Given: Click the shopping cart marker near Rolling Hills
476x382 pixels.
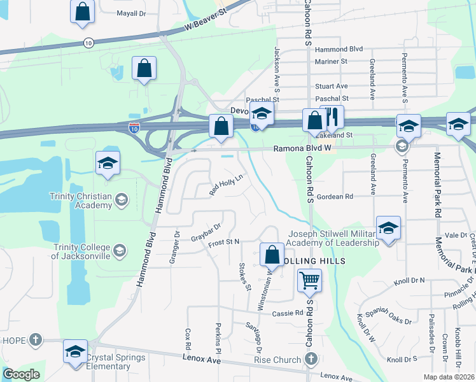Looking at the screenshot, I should click(x=309, y=279).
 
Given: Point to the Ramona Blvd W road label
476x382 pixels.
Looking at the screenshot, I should click(x=304, y=148).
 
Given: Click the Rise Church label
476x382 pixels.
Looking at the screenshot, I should click(x=277, y=360).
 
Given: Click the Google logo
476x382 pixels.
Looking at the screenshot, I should click(x=21, y=374).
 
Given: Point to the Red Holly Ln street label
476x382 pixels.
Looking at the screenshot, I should click(x=227, y=185).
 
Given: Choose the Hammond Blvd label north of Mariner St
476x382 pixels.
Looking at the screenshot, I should click(x=338, y=49).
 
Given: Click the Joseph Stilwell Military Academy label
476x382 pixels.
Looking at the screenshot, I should click(x=332, y=238).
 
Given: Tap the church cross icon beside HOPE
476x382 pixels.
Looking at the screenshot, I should click(x=36, y=340).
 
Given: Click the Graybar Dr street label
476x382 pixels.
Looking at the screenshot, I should click(x=205, y=230).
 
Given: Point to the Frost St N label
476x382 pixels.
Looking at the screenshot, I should click(x=223, y=242).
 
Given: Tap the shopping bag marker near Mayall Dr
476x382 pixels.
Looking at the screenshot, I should click(x=82, y=11).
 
